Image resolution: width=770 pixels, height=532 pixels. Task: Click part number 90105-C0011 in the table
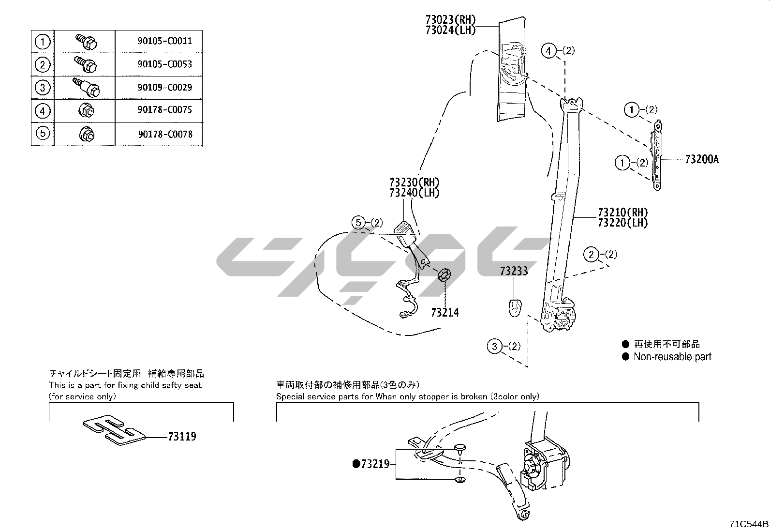click(164, 41)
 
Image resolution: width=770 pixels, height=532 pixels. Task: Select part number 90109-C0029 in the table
click(164, 88)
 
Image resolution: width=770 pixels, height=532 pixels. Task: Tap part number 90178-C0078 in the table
click(164, 134)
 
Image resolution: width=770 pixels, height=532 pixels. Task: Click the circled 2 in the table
click(43, 64)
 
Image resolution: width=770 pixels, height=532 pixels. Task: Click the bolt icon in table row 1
click(86, 42)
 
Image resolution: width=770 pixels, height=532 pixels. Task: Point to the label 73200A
click(701, 159)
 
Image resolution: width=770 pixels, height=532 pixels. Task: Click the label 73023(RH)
click(450, 20)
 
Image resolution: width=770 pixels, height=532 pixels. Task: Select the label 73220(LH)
click(622, 223)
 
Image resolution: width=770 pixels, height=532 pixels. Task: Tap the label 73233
click(514, 271)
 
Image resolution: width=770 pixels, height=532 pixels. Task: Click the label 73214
click(445, 313)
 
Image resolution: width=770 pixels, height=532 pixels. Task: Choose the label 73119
click(182, 437)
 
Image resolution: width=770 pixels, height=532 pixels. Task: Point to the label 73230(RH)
click(414, 182)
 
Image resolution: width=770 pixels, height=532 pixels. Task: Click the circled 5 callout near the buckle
click(358, 223)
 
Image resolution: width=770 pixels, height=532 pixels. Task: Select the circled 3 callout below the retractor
click(494, 346)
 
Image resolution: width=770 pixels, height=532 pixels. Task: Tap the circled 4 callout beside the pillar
click(548, 50)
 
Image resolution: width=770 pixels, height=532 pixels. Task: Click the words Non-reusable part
click(672, 357)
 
